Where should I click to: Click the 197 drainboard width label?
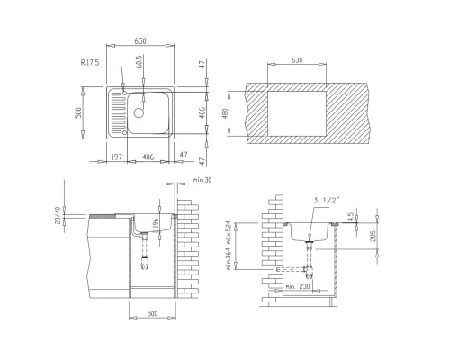pos(114,157)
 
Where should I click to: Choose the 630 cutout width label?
pos(297,61)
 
